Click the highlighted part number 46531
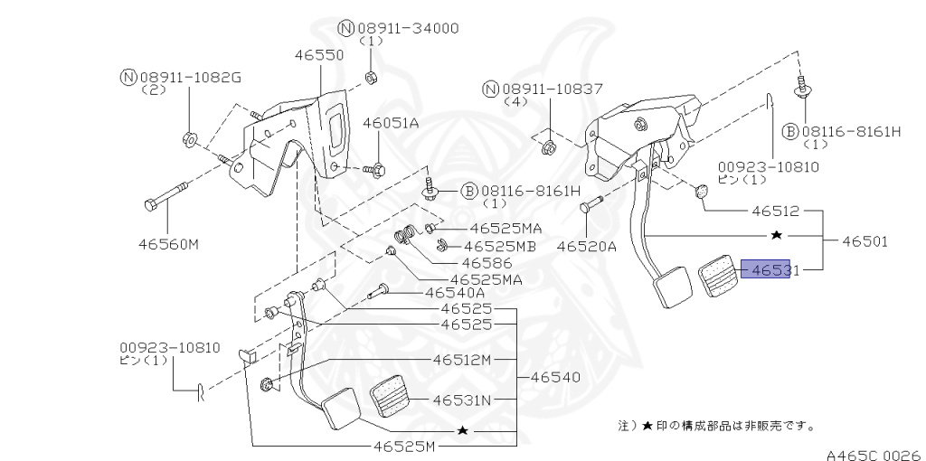tap(765, 269)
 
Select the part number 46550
tap(318, 55)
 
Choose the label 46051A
tap(391, 123)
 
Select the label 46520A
tap(586, 245)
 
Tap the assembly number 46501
tap(865, 241)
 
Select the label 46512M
tap(461, 360)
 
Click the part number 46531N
tap(461, 399)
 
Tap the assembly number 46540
tap(554, 377)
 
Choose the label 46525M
tap(404, 447)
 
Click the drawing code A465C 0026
tap(872, 453)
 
